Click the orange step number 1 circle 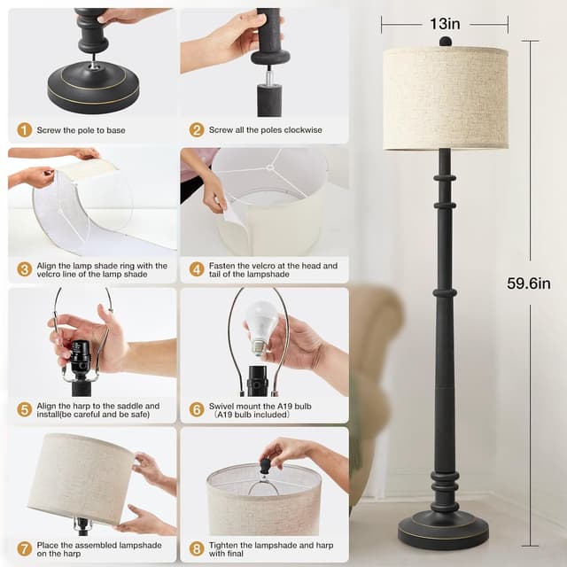tap(24, 130)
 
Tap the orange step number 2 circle tap(197, 130)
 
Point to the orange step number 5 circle tap(24, 410)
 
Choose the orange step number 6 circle tap(197, 410)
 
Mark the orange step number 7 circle tap(24, 549)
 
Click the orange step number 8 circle tap(197, 549)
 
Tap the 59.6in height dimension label tap(529, 283)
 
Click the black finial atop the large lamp tap(445, 41)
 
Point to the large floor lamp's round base tap(444, 530)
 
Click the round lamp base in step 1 tap(92, 85)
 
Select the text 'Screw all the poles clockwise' tap(266, 130)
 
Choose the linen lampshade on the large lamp tap(446, 97)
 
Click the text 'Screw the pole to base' tap(82, 130)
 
